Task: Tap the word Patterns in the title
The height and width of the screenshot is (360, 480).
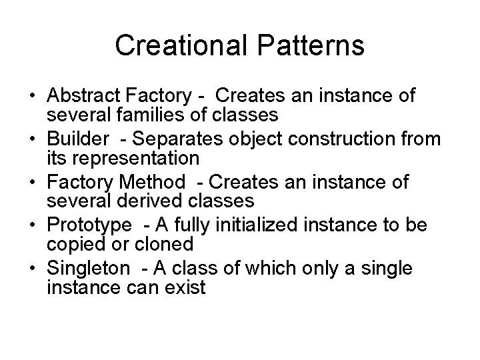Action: (312, 46)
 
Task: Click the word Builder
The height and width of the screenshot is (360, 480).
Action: (73, 139)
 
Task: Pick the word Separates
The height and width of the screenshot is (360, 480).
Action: (172, 139)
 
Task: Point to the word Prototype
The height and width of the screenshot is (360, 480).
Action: (84, 225)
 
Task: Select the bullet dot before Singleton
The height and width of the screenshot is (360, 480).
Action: (32, 269)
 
